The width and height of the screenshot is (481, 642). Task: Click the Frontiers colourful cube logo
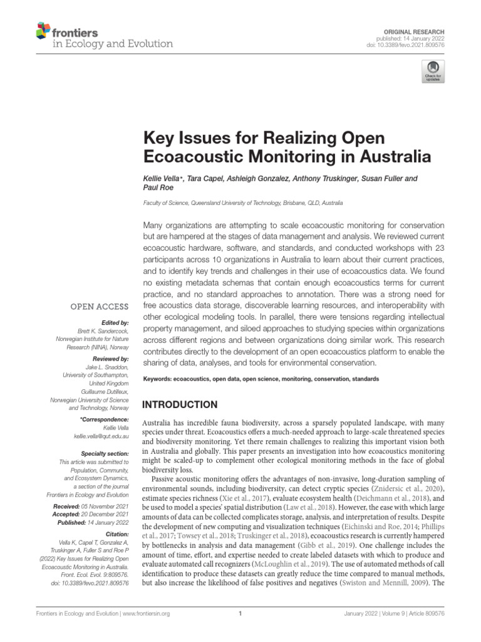pyautogui.click(x=43, y=30)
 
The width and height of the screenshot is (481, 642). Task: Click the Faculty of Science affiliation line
pyautogui.click(x=242, y=203)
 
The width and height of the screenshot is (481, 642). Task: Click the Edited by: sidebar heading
pyautogui.click(x=113, y=322)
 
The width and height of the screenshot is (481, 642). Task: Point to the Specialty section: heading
pyautogui.click(x=105, y=453)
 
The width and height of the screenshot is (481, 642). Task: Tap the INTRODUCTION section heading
pyautogui.click(x=180, y=404)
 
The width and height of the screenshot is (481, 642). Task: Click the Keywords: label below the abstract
pyautogui.click(x=157, y=379)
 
